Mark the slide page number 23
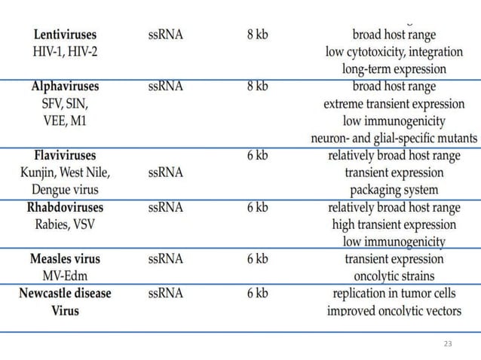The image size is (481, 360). tap(449, 343)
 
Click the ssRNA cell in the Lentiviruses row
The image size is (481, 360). tap(165, 35)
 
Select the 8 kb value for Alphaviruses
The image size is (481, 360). tap(257, 87)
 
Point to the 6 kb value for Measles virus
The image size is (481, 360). tap(257, 259)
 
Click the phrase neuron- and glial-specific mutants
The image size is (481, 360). tap(394, 139)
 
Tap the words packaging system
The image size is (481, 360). tap(394, 190)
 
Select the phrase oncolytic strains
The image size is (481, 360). tap(394, 276)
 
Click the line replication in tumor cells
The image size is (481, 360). tap(394, 294)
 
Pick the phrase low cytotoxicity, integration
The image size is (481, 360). tap(394, 52)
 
